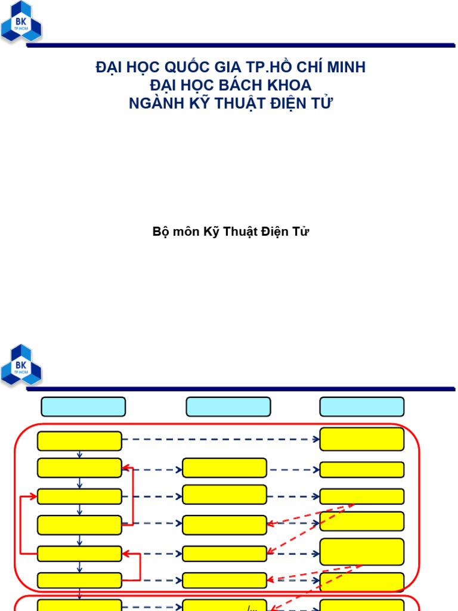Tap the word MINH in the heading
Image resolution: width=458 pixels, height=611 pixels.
point(346,68)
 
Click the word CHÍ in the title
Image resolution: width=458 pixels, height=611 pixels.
point(311,68)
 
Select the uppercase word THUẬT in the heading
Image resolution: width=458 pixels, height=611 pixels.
point(242,103)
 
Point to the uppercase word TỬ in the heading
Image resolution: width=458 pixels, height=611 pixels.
point(323,103)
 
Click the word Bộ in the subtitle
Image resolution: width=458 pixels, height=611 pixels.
point(161,232)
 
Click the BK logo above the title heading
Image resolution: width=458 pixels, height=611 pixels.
point(21,22)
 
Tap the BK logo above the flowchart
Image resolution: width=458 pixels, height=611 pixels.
point(21,365)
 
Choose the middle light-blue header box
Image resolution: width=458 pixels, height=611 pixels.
point(228,407)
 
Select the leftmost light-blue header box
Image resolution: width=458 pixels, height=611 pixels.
point(83,407)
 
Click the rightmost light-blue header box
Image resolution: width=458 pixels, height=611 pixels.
point(362,407)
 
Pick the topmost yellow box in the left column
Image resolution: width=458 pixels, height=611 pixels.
point(79,441)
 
